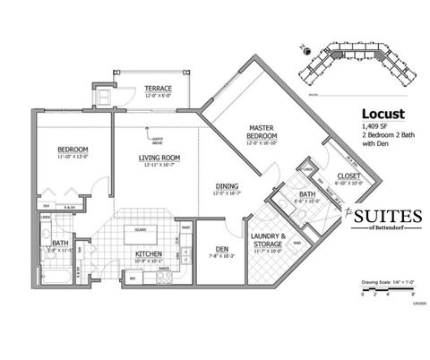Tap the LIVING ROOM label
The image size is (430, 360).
point(159,158)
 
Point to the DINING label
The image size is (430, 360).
point(226,186)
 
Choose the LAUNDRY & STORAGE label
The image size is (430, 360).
point(269,241)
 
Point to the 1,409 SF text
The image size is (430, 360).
point(373,127)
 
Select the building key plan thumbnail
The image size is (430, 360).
point(358,64)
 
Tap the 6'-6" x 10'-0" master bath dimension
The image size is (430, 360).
point(307,201)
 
